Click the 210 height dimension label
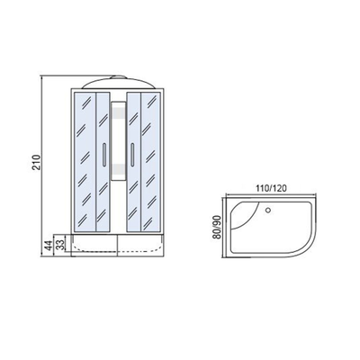click(x=36, y=162)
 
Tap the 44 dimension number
click(x=48, y=246)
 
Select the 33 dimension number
click(x=60, y=245)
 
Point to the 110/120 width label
click(x=271, y=188)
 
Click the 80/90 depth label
click(x=217, y=227)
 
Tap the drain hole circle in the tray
click(x=268, y=210)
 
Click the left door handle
click(x=103, y=154)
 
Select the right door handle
click(x=131, y=154)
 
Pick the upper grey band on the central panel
click(x=118, y=112)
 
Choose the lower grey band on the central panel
click(x=118, y=169)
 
